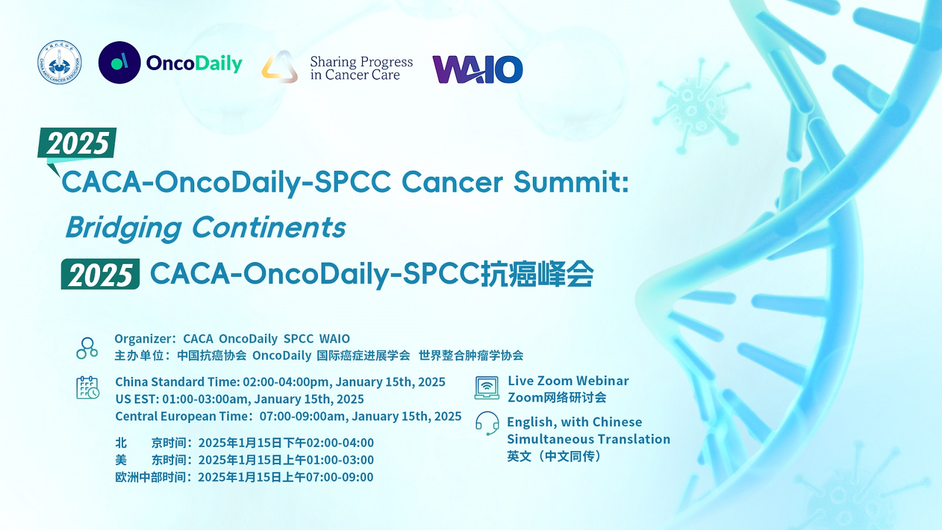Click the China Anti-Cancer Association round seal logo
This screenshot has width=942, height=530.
(x=59, y=62)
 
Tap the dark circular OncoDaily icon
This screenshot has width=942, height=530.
(x=120, y=62)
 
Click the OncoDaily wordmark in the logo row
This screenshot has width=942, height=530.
(x=194, y=64)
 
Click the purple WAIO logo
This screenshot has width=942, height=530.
(x=477, y=69)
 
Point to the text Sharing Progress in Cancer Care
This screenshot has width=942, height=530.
(x=361, y=68)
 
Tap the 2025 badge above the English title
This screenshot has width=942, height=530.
(x=77, y=143)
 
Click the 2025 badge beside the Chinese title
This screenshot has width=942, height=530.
(x=100, y=274)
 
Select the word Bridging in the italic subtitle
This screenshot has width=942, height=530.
(x=124, y=228)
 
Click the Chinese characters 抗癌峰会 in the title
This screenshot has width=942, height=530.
(x=537, y=274)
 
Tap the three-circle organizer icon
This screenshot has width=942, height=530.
(x=87, y=348)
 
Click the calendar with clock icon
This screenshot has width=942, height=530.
(x=88, y=387)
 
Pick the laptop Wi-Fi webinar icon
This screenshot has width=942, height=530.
(x=487, y=387)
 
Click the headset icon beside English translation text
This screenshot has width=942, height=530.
(x=487, y=423)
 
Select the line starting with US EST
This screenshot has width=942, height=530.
(x=240, y=399)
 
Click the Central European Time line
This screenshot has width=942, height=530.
(x=288, y=416)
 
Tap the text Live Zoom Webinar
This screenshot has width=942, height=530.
(x=568, y=380)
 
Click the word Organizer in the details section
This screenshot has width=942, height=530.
(x=142, y=339)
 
